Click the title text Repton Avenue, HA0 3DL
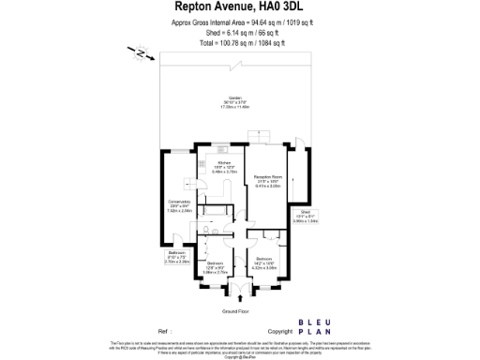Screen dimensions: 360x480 (x=240, y=9)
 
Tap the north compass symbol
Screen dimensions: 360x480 (x=139, y=53)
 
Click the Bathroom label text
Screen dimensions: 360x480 (x=177, y=258)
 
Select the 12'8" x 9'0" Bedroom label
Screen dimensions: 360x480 (x=217, y=266)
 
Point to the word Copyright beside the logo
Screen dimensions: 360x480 (x=280, y=332)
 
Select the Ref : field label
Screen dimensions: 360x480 (x=165, y=332)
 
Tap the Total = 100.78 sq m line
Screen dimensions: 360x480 (x=240, y=43)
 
